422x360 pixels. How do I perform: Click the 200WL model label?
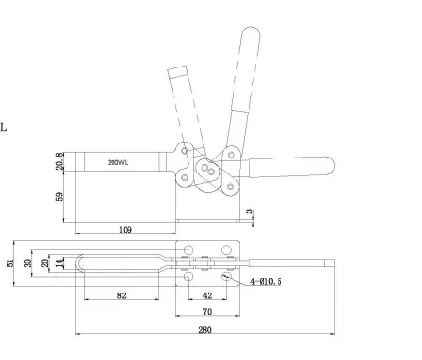pos(119,162)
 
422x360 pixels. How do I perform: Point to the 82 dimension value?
pos(121,295)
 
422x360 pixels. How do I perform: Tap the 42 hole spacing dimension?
pos(209,295)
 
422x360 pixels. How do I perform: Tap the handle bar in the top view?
pos(300,264)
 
